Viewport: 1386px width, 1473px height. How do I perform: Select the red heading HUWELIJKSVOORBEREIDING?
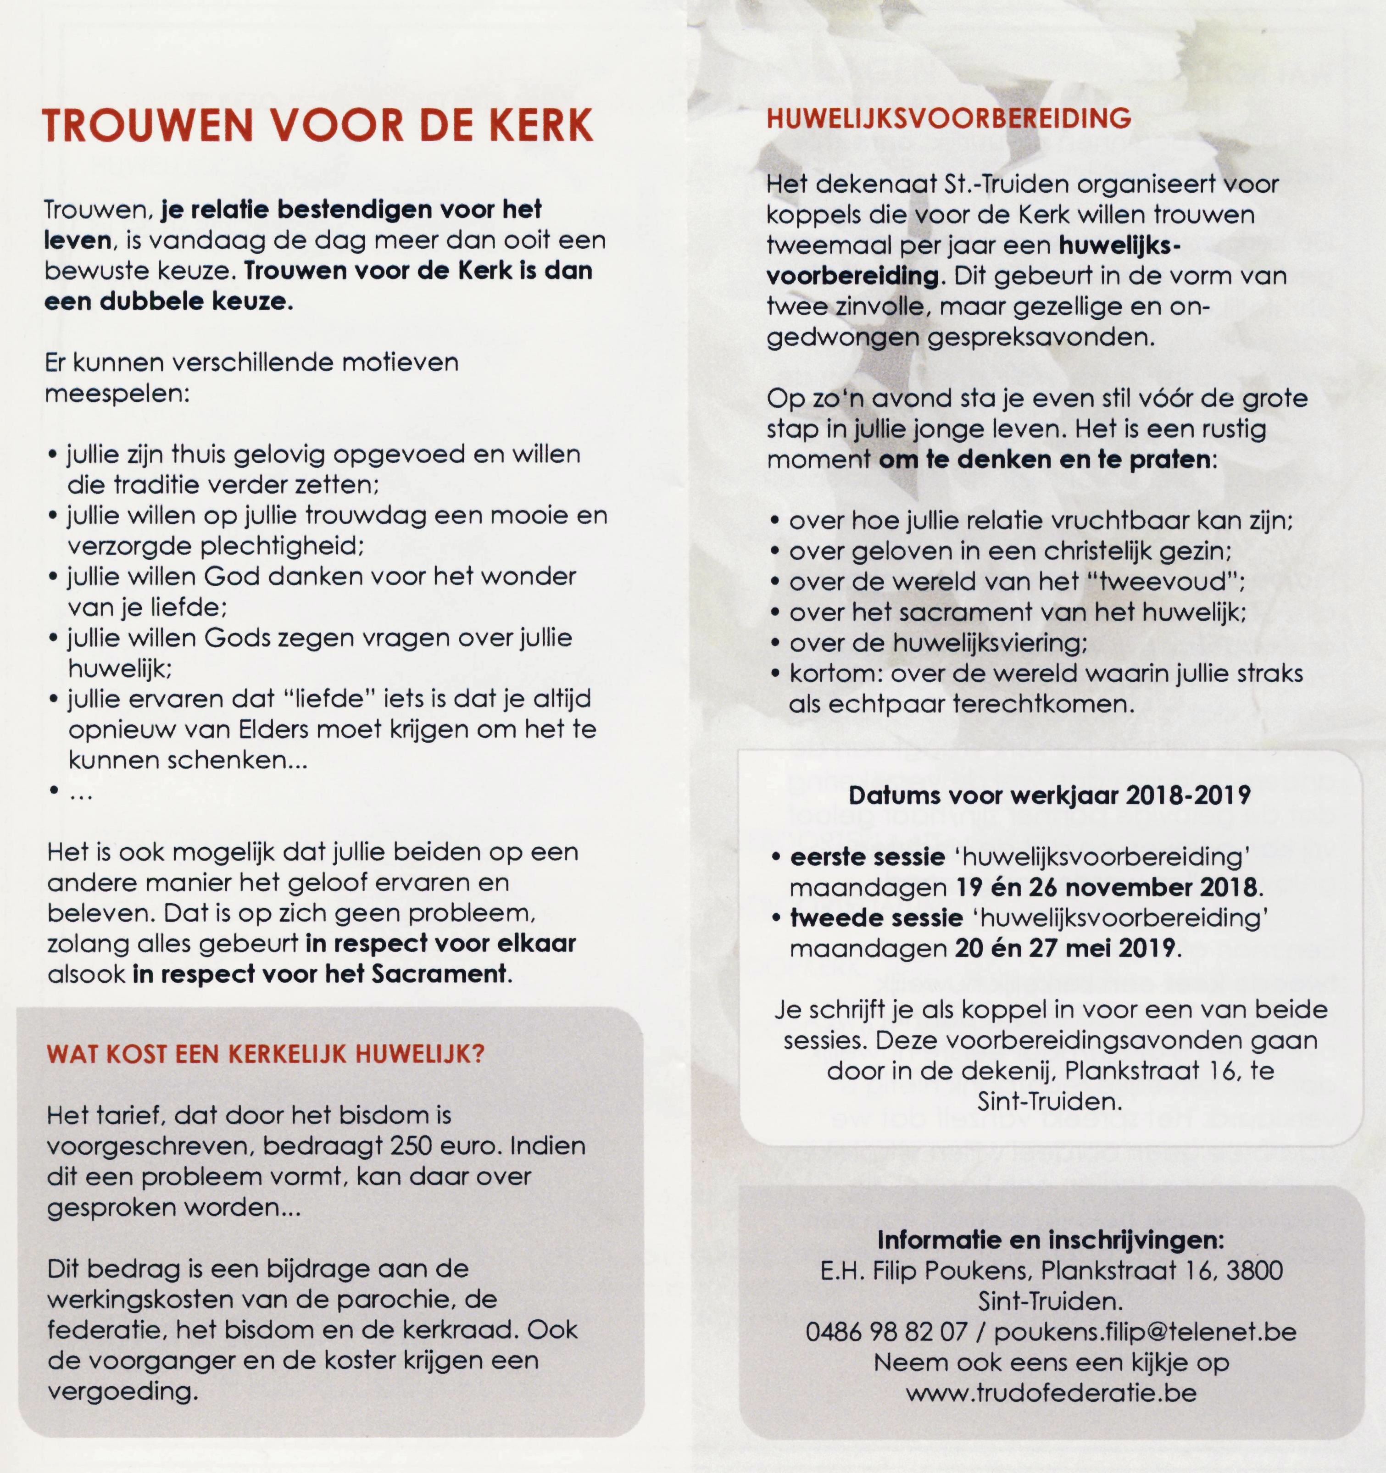[949, 118]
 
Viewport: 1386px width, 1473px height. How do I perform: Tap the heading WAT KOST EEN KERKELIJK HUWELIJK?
[265, 1054]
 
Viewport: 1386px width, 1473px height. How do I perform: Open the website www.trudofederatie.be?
[1051, 1393]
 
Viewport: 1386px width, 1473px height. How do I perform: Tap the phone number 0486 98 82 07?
[886, 1331]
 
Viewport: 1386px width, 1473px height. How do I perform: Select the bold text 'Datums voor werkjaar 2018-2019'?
[1050, 795]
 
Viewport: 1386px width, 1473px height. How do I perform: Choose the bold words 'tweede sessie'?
[876, 918]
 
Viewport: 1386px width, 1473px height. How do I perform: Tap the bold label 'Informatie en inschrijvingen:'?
[1051, 1239]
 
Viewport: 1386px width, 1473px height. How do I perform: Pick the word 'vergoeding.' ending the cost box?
[123, 1391]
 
